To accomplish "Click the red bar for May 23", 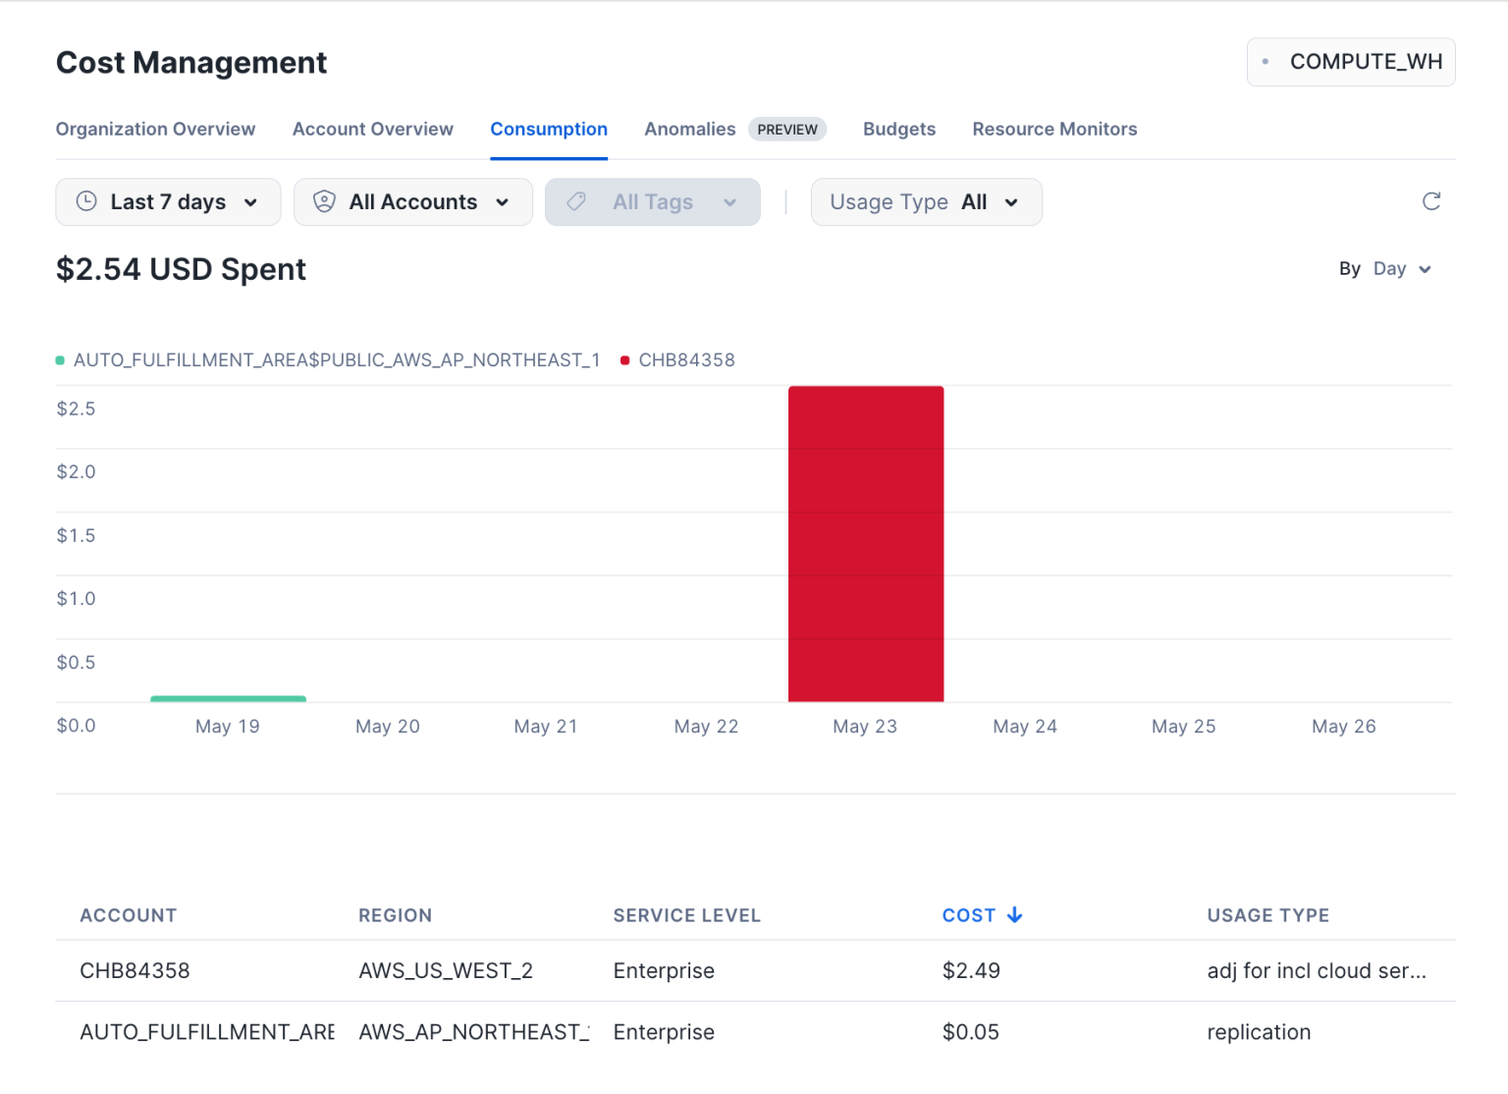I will tap(866, 544).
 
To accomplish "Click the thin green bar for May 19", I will tap(228, 698).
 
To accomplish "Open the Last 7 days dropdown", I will tap(168, 202).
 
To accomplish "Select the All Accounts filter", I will tap(412, 202).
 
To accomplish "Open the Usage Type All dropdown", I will tap(926, 202).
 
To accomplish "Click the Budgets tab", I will tap(898, 130).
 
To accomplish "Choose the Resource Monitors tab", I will tap(1054, 130).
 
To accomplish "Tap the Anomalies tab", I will tap(689, 130).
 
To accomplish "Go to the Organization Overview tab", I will tap(155, 130).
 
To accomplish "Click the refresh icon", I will tap(1431, 201).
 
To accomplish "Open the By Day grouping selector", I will tap(1386, 269).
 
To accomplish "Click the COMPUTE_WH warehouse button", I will tap(1351, 62).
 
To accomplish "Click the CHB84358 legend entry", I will tap(685, 360).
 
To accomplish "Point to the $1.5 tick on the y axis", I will tap(76, 536).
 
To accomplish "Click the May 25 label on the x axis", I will tap(1183, 727).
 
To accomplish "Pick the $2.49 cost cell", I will tap(971, 971).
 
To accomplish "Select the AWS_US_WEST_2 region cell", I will tap(446, 971).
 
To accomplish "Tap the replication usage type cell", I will tap(1259, 1032).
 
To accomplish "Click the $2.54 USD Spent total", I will tap(181, 269).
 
